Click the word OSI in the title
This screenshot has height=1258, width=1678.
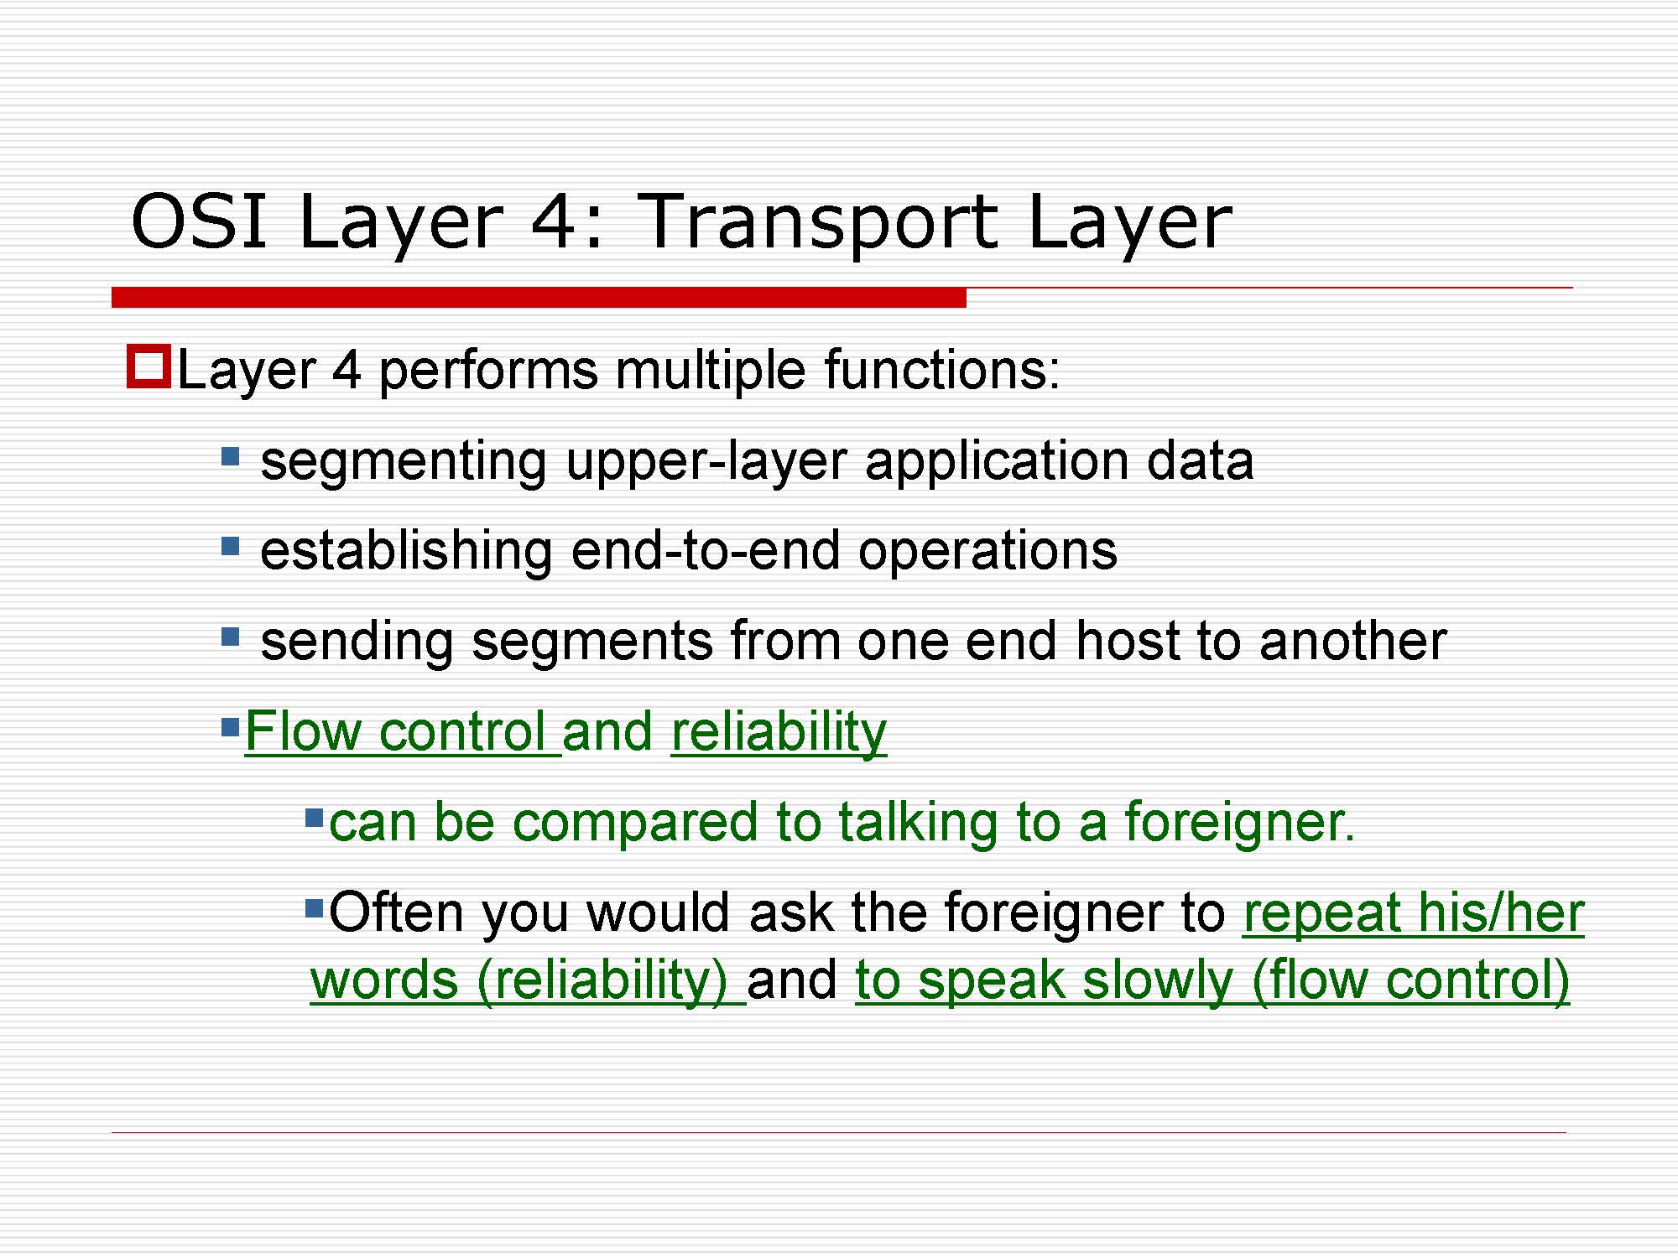click(199, 221)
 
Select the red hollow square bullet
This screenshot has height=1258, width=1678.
click(149, 366)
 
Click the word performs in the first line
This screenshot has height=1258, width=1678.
click(488, 372)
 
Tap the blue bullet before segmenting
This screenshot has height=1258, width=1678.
click(230, 457)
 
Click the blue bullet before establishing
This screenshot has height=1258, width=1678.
click(230, 547)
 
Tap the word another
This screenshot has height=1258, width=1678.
click(1352, 641)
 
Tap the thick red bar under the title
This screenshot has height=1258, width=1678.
click(539, 297)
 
